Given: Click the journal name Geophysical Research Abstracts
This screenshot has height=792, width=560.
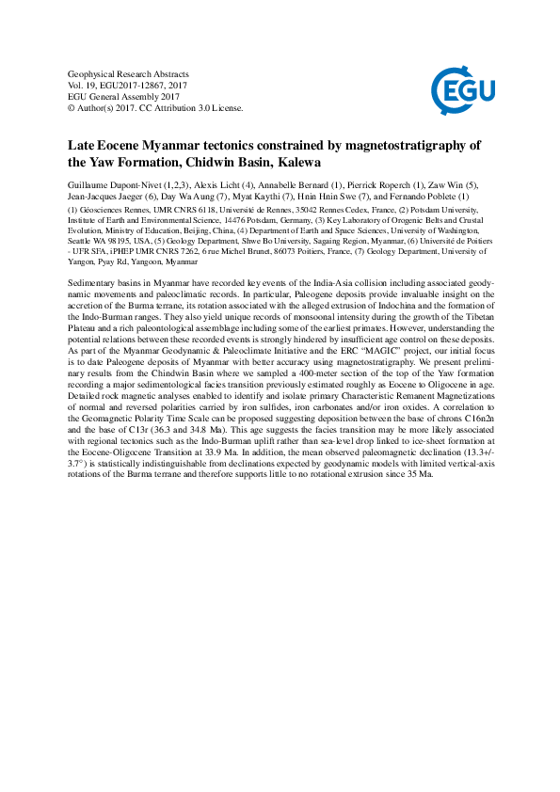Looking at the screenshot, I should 129,73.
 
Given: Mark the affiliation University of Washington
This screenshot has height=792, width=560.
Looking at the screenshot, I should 433,230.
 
